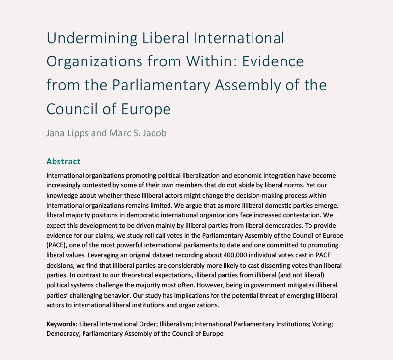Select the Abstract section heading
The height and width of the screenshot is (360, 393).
click(63, 161)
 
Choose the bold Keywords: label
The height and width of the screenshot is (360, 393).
click(62, 325)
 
